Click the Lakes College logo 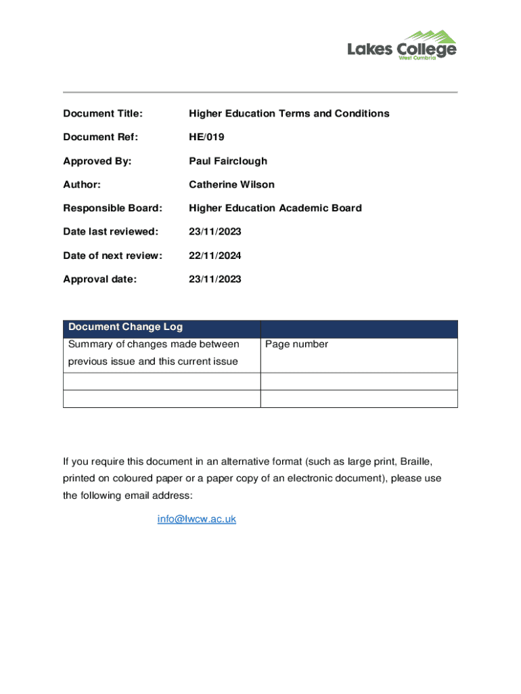(x=402, y=46)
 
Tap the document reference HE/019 (x=206, y=137)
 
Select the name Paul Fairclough (x=228, y=161)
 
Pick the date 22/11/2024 (x=215, y=256)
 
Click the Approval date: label (x=99, y=279)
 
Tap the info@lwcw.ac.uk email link (x=196, y=519)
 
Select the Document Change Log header (x=125, y=327)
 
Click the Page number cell (x=296, y=344)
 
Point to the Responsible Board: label (x=112, y=208)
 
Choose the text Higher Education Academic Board (x=275, y=208)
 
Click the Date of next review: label (x=112, y=256)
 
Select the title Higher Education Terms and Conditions (x=289, y=113)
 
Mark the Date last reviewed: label (x=110, y=232)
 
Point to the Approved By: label (x=97, y=161)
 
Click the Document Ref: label (x=100, y=137)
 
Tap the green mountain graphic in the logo (x=432, y=35)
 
